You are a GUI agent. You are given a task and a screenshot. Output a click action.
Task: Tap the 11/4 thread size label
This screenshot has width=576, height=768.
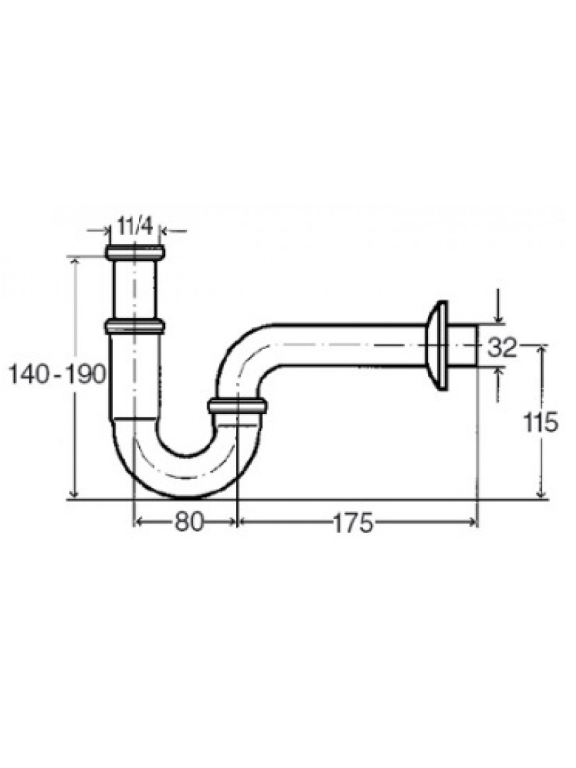click(x=135, y=226)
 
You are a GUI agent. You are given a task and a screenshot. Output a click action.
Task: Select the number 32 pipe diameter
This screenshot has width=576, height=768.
click(x=502, y=348)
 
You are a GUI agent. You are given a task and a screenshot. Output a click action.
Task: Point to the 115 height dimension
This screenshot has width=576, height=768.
click(x=540, y=422)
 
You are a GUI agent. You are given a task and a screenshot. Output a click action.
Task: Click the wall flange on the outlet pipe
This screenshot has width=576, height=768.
click(x=436, y=346)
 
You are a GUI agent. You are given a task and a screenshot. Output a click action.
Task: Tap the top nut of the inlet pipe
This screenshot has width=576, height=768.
click(x=135, y=253)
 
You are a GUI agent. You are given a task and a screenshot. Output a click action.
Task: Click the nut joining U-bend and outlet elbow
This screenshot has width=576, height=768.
click(x=237, y=407)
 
